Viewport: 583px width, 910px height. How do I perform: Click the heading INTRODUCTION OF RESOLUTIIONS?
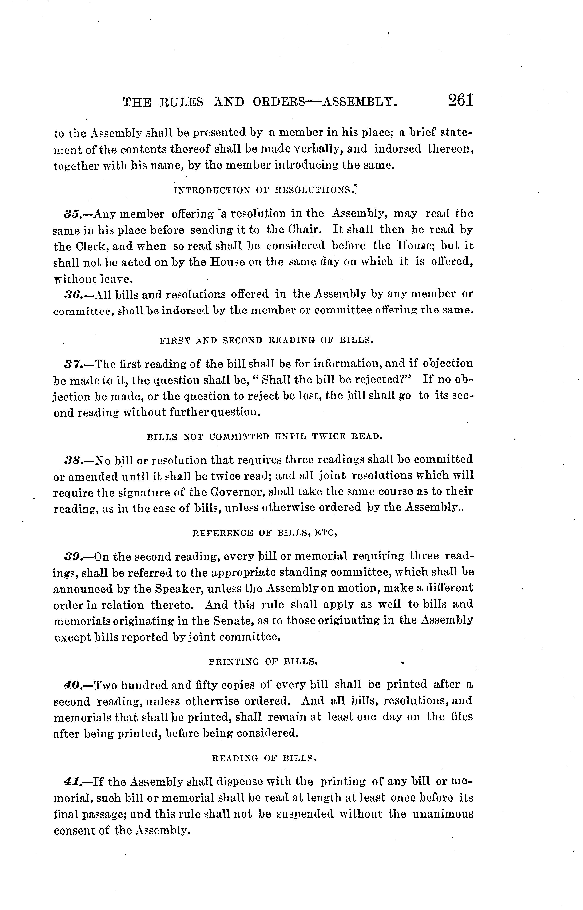tap(265, 190)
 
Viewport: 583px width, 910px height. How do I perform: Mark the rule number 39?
tap(71, 557)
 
